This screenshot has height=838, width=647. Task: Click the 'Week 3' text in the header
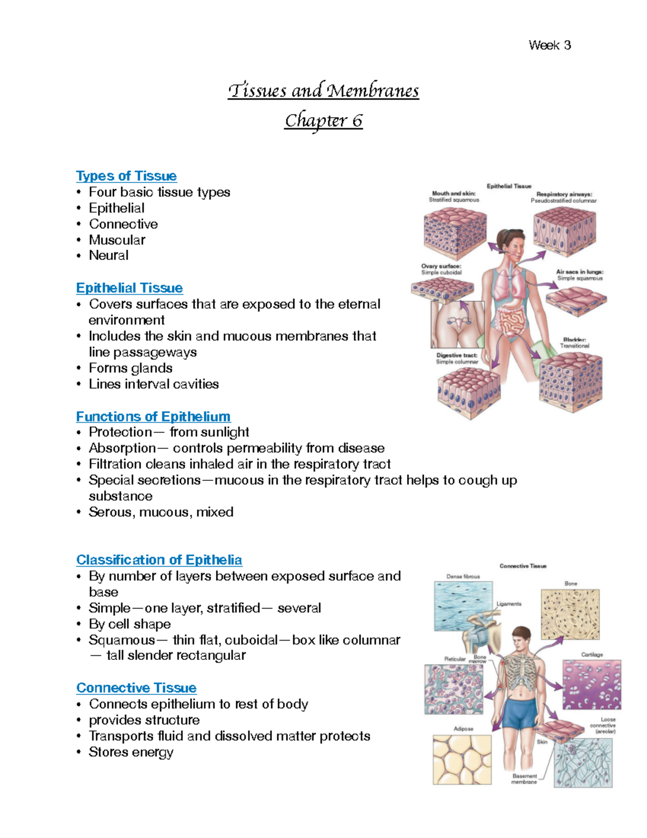(x=549, y=45)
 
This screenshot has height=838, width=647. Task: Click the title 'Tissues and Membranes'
(x=323, y=90)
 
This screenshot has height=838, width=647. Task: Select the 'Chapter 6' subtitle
(x=323, y=120)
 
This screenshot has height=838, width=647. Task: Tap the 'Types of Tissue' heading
(x=126, y=176)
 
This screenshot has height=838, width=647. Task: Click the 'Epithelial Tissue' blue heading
(x=129, y=288)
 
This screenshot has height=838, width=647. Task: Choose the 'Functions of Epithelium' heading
(x=153, y=417)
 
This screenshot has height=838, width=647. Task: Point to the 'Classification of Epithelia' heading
(x=159, y=560)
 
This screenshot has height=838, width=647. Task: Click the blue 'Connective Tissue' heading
(x=136, y=688)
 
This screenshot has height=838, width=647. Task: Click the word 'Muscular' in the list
(x=117, y=240)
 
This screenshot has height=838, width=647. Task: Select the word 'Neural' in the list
(x=108, y=255)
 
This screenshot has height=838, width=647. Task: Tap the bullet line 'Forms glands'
(x=130, y=368)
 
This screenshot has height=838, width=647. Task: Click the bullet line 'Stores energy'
(x=131, y=752)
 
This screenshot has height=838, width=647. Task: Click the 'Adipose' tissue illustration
(x=462, y=760)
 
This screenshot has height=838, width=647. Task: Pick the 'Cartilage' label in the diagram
(x=592, y=655)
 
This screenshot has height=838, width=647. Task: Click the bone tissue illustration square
(x=570, y=615)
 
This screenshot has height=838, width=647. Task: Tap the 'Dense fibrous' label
(x=463, y=576)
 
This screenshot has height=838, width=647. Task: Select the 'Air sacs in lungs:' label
(x=580, y=272)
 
